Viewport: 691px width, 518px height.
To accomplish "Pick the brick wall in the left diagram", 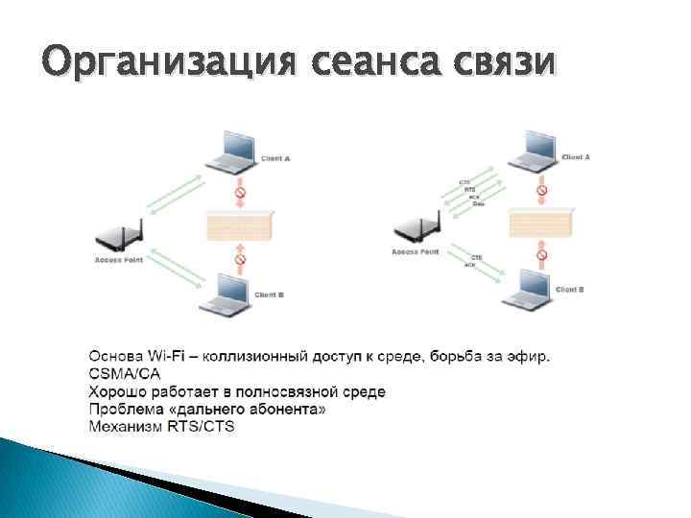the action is click(240, 227).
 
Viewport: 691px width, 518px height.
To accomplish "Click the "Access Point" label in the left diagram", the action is click(119, 260).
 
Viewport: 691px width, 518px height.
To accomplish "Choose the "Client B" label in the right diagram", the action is click(570, 289).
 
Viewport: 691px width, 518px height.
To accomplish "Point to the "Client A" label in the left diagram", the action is click(275, 158).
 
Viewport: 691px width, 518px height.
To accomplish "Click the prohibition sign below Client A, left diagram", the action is click(241, 195).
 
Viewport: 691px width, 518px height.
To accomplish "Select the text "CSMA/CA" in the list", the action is click(125, 374).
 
